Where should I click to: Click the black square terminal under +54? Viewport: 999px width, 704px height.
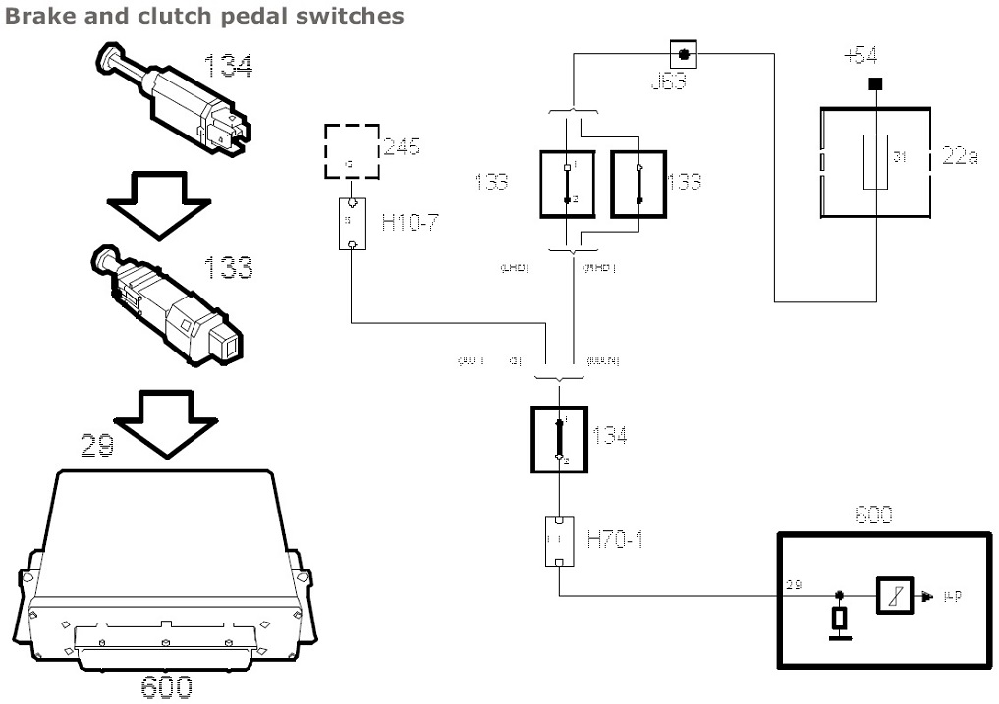point(874,85)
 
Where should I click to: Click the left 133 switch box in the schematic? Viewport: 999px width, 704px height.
point(568,184)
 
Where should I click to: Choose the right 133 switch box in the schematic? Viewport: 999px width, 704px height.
point(638,184)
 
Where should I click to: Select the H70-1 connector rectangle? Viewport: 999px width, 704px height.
point(558,540)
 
